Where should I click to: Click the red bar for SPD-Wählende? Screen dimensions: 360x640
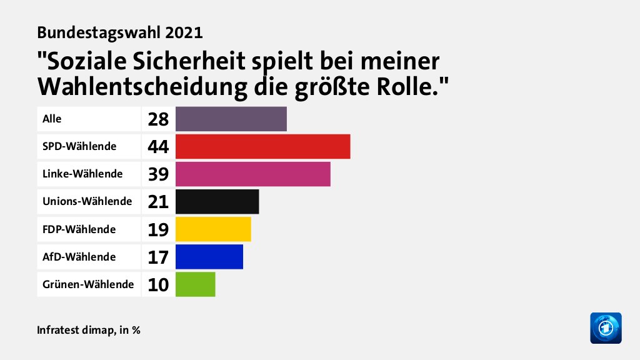262,146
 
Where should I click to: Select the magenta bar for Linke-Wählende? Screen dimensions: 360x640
252,174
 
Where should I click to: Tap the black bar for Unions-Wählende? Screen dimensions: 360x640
217,201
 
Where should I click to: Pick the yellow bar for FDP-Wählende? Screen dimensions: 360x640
213,229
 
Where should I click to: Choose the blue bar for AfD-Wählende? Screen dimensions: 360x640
209,256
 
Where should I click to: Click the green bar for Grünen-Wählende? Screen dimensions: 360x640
195,284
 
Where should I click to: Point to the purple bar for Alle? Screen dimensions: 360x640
231,119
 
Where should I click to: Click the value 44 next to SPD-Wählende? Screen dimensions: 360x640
159,147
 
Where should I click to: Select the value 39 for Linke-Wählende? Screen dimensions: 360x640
159,174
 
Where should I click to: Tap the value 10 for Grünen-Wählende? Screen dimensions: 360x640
159,284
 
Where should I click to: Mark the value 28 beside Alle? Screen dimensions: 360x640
159,119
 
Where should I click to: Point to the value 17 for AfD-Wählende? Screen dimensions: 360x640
159,257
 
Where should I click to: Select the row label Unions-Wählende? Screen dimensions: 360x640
87,201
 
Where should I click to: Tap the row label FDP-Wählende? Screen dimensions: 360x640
79,229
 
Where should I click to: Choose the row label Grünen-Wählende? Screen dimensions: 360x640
88,284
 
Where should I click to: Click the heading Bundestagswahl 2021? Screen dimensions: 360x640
120,32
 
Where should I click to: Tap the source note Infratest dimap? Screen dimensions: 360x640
74,329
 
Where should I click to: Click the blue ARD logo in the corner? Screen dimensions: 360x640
606,328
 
